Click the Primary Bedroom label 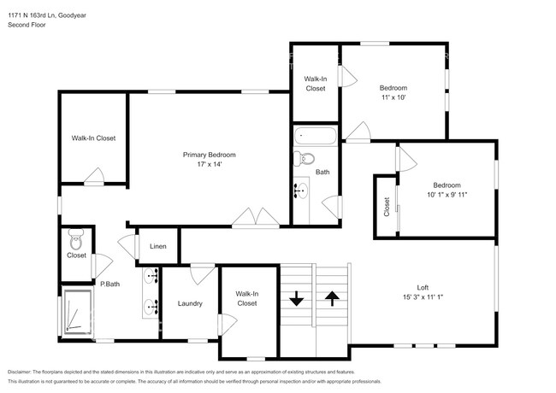coord(210,155)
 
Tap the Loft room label coord(423,288)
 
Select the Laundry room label coord(190,303)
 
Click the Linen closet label coord(158,247)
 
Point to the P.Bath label coord(109,284)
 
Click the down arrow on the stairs coord(297,300)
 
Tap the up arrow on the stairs coord(332,299)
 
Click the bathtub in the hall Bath coord(315,135)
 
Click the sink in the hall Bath coord(302,191)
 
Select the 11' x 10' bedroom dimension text coord(393,97)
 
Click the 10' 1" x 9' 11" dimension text coord(447,195)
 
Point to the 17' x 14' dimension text coord(210,164)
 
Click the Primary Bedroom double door coord(256,218)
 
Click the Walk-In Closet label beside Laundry coord(247,298)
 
